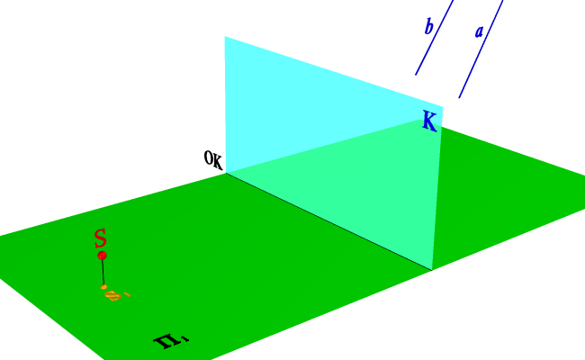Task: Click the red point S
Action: pyautogui.click(x=103, y=256)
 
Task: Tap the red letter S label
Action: pyautogui.click(x=101, y=238)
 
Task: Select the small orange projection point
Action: pyautogui.click(x=104, y=287)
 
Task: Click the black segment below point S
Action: pyautogui.click(x=103, y=272)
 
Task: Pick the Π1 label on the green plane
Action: pyautogui.click(x=170, y=340)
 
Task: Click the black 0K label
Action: pyautogui.click(x=213, y=160)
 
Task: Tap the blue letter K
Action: pyautogui.click(x=429, y=122)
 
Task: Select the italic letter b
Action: pyautogui.click(x=429, y=27)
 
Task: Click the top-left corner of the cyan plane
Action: pyautogui.click(x=225, y=37)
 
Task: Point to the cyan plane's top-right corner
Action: pyautogui.click(x=442, y=106)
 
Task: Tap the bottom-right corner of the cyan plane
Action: pyautogui.click(x=432, y=269)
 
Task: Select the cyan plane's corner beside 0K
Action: pyautogui.click(x=225, y=173)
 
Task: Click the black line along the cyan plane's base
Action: pyautogui.click(x=328, y=220)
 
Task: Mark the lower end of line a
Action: pyautogui.click(x=459, y=97)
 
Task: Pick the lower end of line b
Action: pyautogui.click(x=416, y=75)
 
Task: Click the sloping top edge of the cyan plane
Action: pyautogui.click(x=333, y=71)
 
